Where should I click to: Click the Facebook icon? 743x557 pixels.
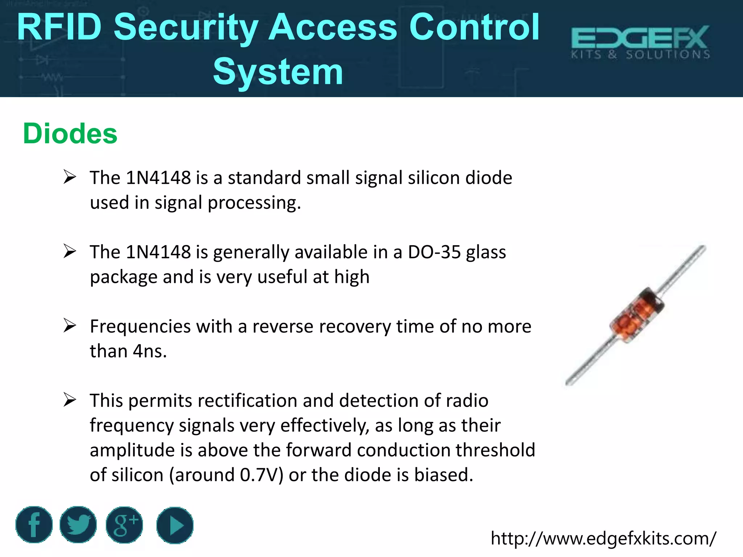[34, 525]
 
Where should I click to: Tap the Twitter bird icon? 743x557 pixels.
[78, 525]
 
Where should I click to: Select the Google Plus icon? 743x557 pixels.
[124, 525]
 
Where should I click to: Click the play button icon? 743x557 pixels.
[175, 525]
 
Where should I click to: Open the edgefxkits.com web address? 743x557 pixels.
[603, 538]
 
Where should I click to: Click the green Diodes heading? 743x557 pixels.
[70, 133]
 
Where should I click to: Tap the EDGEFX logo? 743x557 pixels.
[640, 42]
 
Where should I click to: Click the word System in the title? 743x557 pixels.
[278, 72]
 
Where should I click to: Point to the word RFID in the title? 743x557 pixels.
[59, 27]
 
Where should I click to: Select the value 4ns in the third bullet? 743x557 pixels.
[149, 351]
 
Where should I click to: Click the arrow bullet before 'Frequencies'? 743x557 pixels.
[69, 325]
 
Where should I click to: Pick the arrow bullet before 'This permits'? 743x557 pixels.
[69, 400]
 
